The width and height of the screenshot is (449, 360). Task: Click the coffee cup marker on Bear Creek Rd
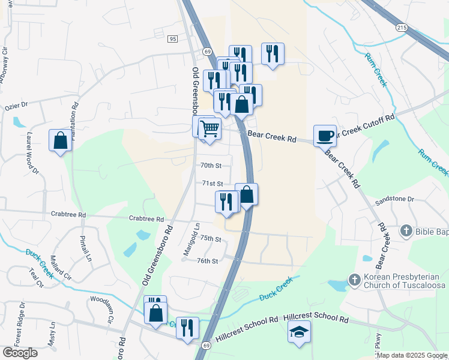tap(325, 136)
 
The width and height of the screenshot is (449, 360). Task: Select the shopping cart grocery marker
tap(209, 128)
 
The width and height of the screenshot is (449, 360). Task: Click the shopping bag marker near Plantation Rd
tap(61, 140)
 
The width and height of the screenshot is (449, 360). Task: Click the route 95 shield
tap(173, 39)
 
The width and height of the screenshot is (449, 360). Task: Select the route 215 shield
tap(401, 28)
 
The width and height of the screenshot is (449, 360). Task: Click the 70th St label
tap(211, 165)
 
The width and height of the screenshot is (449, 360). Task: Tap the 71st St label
tap(212, 184)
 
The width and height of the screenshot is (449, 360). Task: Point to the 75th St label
tap(211, 239)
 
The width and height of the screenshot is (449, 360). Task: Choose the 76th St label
tap(206, 261)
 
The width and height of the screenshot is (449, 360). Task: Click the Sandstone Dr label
tap(394, 199)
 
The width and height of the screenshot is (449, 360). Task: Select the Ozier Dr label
tap(16, 106)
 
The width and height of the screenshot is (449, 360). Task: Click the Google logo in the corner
tap(20, 353)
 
